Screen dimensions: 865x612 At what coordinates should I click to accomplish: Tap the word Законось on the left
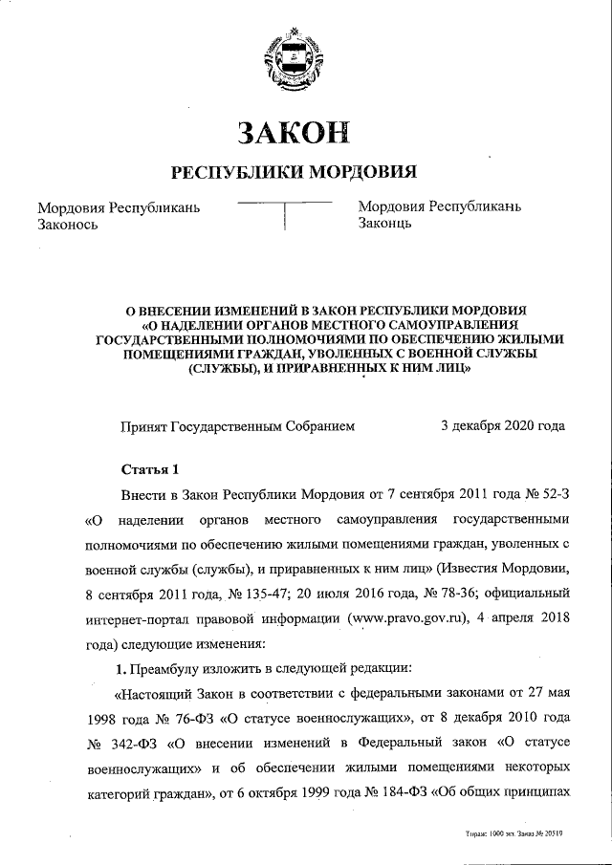(x=68, y=226)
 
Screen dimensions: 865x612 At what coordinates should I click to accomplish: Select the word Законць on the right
(x=384, y=226)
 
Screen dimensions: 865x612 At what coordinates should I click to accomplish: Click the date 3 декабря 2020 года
(x=502, y=426)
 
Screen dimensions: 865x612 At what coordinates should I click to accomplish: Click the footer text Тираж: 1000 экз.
(x=488, y=833)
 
